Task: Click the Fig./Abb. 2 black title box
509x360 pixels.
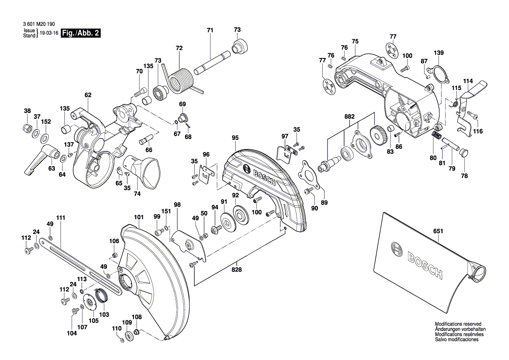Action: tap(81, 34)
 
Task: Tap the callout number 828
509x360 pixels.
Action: tap(236, 269)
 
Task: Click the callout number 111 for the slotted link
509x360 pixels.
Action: tap(60, 217)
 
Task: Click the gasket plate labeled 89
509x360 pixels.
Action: tap(310, 175)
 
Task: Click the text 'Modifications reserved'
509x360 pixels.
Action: tap(458, 324)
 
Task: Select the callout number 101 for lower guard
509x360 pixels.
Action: tap(138, 217)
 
